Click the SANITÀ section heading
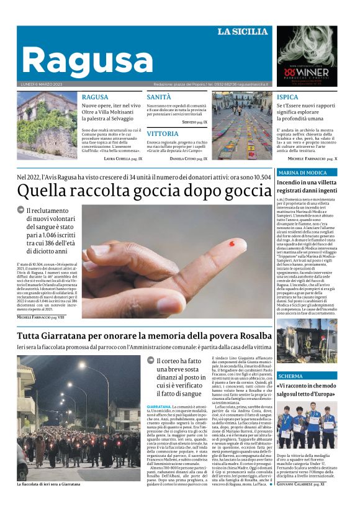159,97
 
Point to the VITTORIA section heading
163,133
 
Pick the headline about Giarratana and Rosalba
144,336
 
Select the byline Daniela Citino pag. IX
188,159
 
